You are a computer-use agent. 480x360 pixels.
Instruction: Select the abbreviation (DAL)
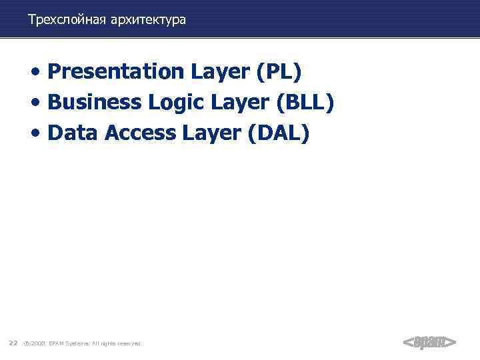coord(279,133)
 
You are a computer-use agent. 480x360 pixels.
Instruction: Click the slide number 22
coord(13,343)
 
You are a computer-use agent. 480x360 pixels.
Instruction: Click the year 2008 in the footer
coord(37,343)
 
